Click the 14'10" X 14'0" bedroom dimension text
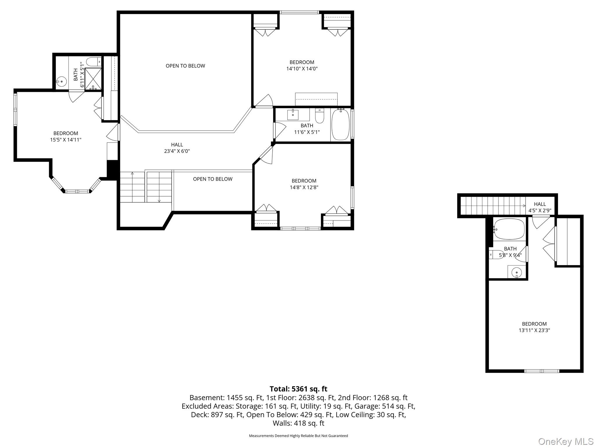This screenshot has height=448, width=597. pyautogui.click(x=302, y=69)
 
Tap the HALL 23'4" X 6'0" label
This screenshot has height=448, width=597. pyautogui.click(x=177, y=148)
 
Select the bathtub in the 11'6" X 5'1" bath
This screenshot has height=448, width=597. pyautogui.click(x=340, y=125)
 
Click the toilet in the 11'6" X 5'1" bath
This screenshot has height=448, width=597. pyautogui.click(x=319, y=116)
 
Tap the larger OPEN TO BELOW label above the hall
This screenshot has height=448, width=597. pyautogui.click(x=185, y=66)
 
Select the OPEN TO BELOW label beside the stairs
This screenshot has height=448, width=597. pyautogui.click(x=213, y=179)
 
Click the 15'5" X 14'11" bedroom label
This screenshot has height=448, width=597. pyautogui.click(x=66, y=136)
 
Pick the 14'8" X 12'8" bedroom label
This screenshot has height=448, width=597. pyautogui.click(x=304, y=184)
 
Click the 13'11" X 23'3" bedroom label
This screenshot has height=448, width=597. pyautogui.click(x=534, y=327)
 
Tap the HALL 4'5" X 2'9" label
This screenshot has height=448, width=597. pyautogui.click(x=540, y=207)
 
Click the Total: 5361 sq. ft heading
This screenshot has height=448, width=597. pyautogui.click(x=298, y=389)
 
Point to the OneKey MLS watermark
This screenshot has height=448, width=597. pyautogui.click(x=566, y=441)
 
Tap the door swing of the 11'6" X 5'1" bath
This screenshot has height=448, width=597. pyautogui.click(x=279, y=130)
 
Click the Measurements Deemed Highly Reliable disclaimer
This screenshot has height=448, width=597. pyautogui.click(x=298, y=436)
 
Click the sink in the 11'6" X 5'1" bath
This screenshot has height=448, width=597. pyautogui.click(x=293, y=115)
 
